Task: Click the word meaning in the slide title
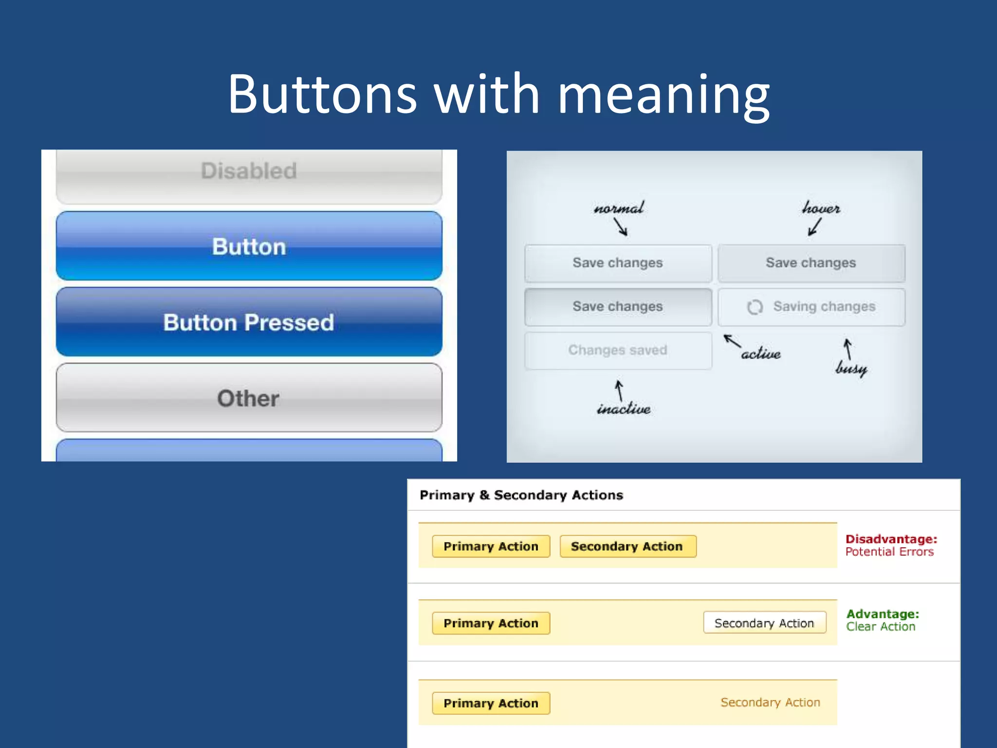tap(663, 95)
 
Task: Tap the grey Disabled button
tap(249, 171)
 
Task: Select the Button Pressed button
tap(249, 322)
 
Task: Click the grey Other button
tap(249, 398)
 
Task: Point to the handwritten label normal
tap(619, 208)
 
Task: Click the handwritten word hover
tap(821, 208)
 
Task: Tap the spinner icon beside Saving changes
tap(755, 307)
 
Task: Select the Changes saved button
tap(618, 350)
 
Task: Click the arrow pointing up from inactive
tap(619, 390)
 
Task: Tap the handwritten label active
tap(761, 354)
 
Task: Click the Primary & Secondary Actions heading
tap(521, 495)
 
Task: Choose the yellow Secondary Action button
tap(628, 546)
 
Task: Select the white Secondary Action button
tap(764, 623)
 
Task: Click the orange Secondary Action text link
tap(770, 702)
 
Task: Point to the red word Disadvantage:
tap(891, 539)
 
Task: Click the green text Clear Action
tap(881, 627)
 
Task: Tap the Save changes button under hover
tap(811, 263)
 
